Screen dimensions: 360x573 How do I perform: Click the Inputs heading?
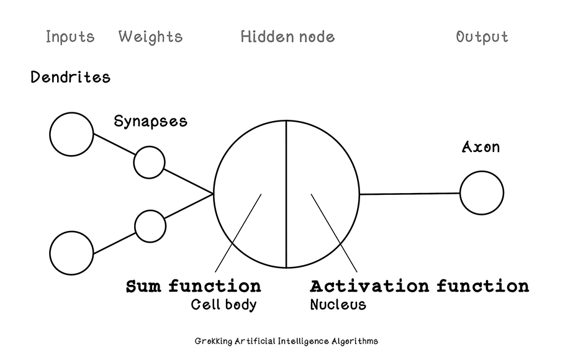pyautogui.click(x=70, y=37)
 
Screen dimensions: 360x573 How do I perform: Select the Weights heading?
pyautogui.click(x=150, y=37)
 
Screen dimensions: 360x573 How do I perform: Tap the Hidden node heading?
pyautogui.click(x=287, y=37)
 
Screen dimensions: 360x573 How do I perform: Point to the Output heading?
pyautogui.click(x=482, y=37)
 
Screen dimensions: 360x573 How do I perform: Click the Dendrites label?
pyautogui.click(x=70, y=78)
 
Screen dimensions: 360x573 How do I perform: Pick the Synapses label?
pyautogui.click(x=150, y=120)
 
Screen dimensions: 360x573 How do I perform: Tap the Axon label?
pyautogui.click(x=481, y=147)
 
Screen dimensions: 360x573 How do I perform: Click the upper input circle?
pyautogui.click(x=71, y=134)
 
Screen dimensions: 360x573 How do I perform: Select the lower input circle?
pyautogui.click(x=71, y=254)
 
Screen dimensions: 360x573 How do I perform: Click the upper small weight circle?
pyautogui.click(x=150, y=162)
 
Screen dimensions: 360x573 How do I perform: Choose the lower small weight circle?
pyautogui.click(x=150, y=226)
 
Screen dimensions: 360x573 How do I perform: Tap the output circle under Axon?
pyautogui.click(x=482, y=193)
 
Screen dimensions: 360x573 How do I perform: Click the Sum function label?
pyautogui.click(x=193, y=286)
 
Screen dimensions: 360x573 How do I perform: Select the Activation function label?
pyautogui.click(x=419, y=286)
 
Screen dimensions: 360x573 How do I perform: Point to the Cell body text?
pyautogui.click(x=223, y=305)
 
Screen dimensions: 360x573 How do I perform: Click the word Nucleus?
pyautogui.click(x=338, y=305)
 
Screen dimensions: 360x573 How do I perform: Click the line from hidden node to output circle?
pyautogui.click(x=410, y=194)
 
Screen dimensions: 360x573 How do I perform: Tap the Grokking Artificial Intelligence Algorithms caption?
pyautogui.click(x=286, y=341)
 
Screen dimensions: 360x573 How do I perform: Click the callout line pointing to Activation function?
pyautogui.click(x=335, y=233)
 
